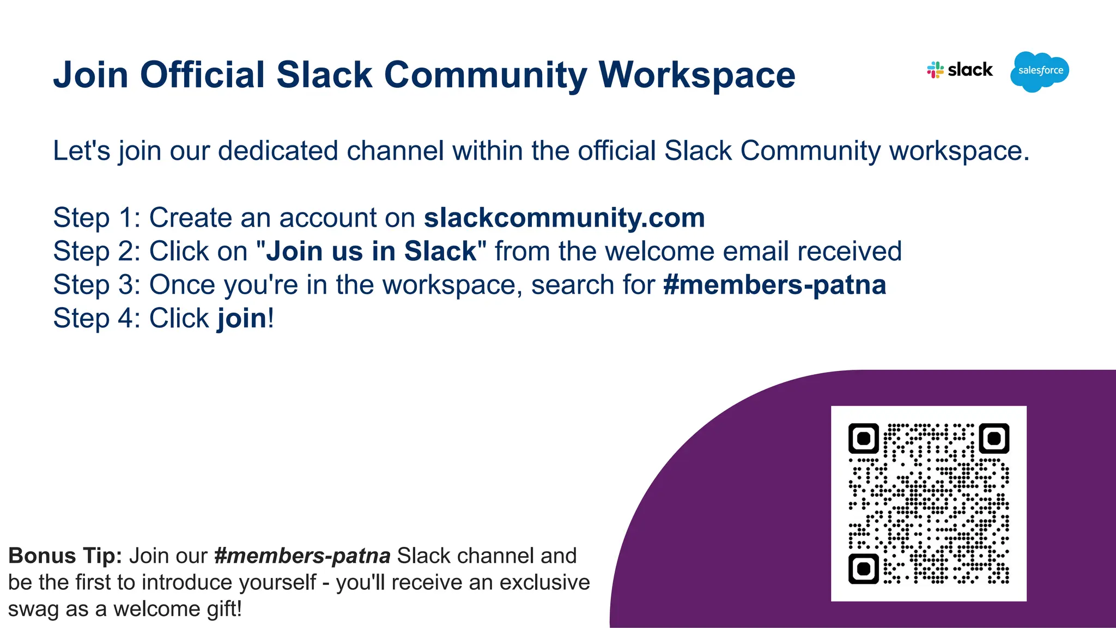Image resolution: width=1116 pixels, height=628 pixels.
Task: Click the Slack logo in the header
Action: click(960, 70)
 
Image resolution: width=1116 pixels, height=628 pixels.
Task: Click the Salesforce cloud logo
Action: click(1040, 71)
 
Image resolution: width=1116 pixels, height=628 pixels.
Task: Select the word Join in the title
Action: click(90, 75)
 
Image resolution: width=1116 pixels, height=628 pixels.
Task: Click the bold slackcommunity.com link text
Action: click(564, 218)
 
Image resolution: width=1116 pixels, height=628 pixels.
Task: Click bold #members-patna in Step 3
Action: click(774, 285)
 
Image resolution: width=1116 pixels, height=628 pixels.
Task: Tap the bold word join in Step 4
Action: click(242, 318)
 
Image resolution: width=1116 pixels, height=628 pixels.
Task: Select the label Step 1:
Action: click(97, 218)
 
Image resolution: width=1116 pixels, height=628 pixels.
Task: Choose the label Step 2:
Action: click(97, 251)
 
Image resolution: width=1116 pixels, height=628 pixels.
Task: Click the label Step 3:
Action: click(97, 285)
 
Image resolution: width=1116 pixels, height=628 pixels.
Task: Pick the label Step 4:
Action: click(97, 318)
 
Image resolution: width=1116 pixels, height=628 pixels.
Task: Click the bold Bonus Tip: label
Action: click(65, 556)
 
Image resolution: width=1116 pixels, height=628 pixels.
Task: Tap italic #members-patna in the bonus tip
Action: click(302, 556)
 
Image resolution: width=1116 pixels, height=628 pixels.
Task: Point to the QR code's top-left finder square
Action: click(864, 438)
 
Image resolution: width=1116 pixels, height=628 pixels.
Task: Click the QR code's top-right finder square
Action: click(994, 438)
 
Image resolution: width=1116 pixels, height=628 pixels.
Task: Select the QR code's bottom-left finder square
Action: click(864, 569)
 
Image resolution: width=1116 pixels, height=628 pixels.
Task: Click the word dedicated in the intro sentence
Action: click(278, 151)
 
